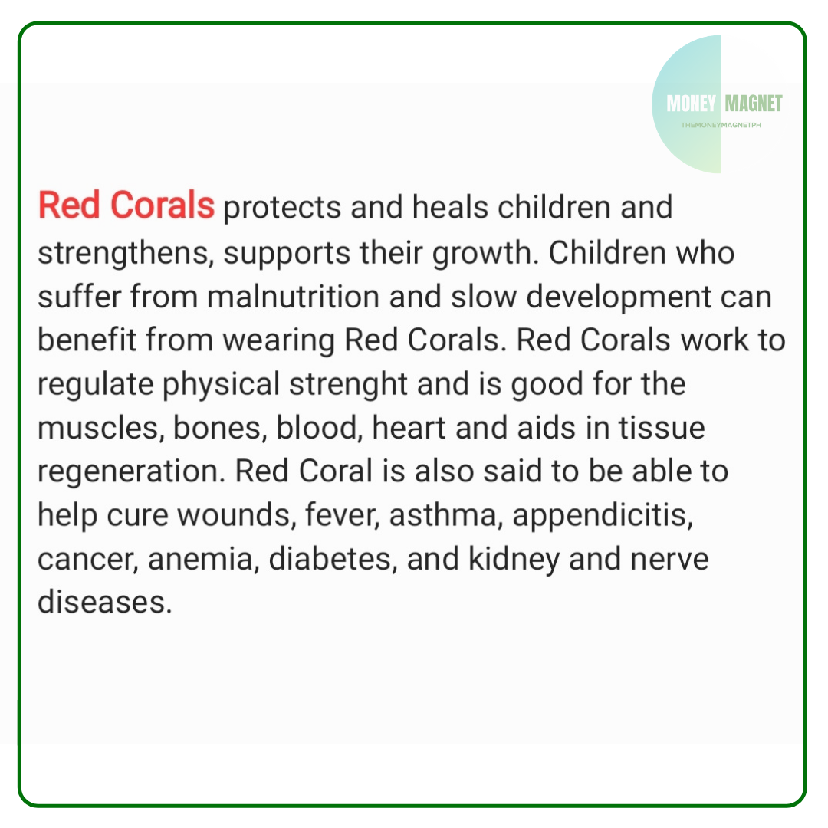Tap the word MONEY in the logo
coord(691,103)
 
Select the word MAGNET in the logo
coord(754,103)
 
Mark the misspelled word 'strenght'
coord(348,385)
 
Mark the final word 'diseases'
coord(102,603)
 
